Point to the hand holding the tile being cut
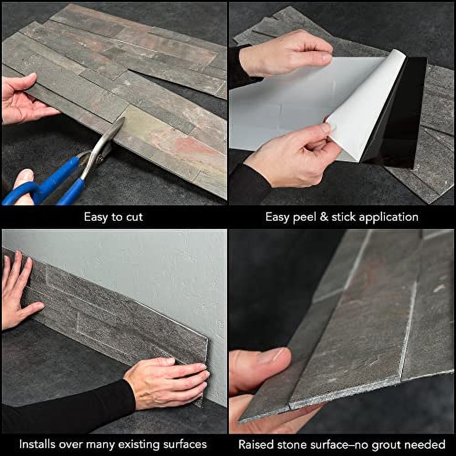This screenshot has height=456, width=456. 23,100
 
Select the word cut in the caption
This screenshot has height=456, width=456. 133,217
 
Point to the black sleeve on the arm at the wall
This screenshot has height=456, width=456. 68,406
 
